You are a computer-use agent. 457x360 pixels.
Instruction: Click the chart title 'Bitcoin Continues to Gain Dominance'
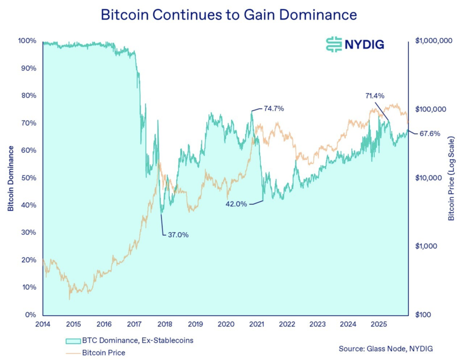pos(228,14)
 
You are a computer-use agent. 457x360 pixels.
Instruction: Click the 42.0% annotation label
pos(235,204)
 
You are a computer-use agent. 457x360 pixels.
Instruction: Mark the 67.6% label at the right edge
pos(430,134)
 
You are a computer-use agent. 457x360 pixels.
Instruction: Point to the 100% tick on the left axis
pos(27,41)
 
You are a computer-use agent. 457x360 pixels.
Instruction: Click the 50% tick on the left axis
pos(28,178)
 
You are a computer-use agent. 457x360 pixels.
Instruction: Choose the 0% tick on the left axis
pos(30,315)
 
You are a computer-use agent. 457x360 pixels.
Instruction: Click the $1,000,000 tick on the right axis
pos(433,41)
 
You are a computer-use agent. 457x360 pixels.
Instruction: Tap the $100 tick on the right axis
pos(424,315)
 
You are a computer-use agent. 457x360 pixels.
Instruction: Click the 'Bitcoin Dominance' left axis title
pos(10,178)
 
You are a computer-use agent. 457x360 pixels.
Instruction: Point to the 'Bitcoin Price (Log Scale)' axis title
pos(451,178)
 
